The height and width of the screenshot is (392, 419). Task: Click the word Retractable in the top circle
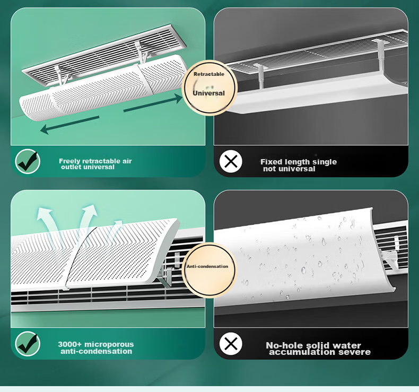click(x=209, y=74)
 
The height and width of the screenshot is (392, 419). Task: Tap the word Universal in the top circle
click(x=208, y=93)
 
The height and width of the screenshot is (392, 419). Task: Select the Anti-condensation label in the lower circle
click(x=207, y=266)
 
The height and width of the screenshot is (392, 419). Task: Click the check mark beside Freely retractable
click(x=28, y=161)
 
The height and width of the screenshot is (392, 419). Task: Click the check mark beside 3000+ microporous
click(x=28, y=344)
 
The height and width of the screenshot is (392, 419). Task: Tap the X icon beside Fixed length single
click(x=231, y=161)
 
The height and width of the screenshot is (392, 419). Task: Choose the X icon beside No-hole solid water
click(x=231, y=344)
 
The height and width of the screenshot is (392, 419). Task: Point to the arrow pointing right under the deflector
click(x=153, y=103)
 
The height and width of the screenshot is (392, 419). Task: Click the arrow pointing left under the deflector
click(x=69, y=125)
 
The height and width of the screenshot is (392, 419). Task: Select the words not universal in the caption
click(x=289, y=169)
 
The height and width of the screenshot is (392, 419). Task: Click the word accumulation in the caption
click(x=302, y=352)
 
